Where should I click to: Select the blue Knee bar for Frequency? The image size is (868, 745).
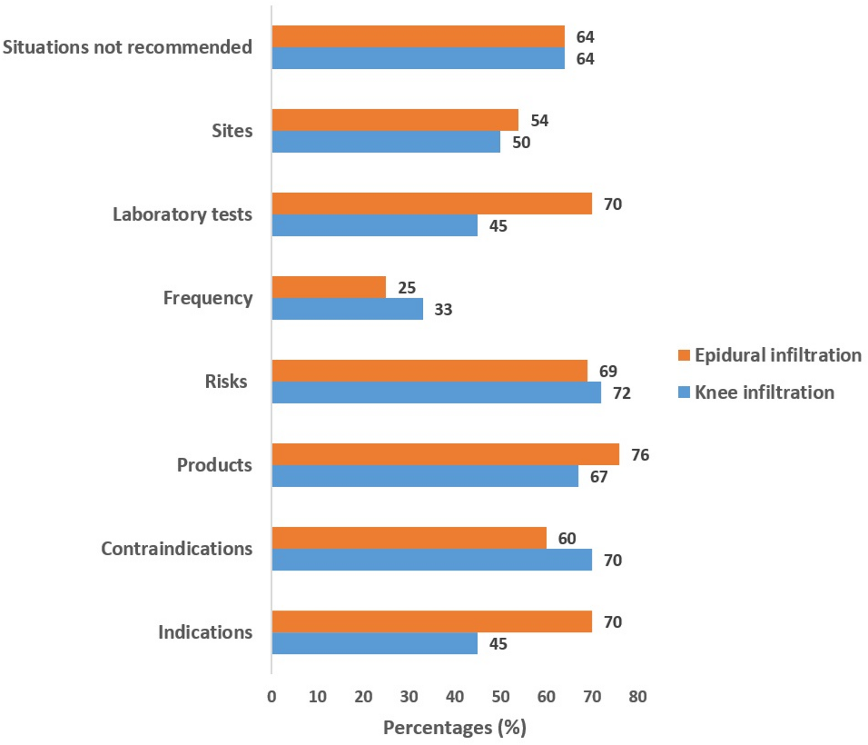coord(348,309)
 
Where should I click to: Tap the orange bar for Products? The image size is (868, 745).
coord(445,454)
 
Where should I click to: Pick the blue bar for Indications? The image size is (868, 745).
coord(375,643)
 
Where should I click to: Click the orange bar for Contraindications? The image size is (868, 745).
coord(409,538)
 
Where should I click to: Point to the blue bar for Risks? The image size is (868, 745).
coord(436,393)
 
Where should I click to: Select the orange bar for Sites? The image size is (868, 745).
coord(395,120)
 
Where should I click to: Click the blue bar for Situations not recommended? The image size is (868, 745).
coord(418,58)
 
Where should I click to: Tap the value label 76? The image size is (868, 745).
coord(640,455)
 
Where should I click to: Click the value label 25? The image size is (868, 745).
coord(406,288)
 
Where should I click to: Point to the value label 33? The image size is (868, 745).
coord(443,310)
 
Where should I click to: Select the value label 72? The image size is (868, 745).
coord(622,393)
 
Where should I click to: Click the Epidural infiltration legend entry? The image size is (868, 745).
coord(769,355)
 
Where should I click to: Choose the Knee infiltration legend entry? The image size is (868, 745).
coord(756,393)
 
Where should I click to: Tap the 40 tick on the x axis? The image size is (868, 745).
coord(454,697)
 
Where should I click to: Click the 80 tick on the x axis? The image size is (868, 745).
coord(638,697)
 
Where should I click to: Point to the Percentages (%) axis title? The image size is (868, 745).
coord(454,728)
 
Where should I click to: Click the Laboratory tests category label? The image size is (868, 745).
coord(182,214)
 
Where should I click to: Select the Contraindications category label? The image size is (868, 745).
coord(176,549)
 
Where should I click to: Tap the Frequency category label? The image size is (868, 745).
coord(207,298)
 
